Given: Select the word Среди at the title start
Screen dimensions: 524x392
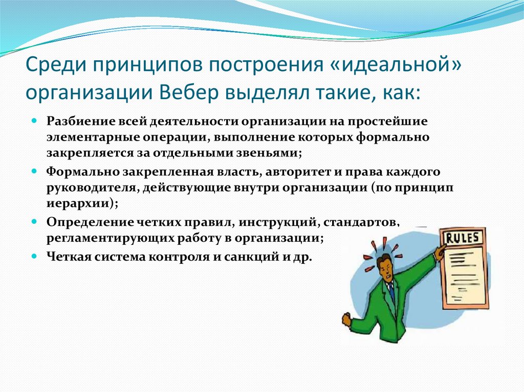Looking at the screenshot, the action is click(56, 65).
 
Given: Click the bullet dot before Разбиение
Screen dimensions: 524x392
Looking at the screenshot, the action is click(34, 120).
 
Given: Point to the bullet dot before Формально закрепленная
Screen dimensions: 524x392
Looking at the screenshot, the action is click(34, 171).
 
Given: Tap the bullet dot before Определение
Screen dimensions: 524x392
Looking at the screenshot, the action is click(34, 221).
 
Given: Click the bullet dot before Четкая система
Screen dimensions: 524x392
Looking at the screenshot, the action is click(34, 256).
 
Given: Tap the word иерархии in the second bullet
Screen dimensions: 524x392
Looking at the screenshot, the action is click(79, 204).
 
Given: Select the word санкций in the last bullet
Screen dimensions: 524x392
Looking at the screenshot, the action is click(250, 257).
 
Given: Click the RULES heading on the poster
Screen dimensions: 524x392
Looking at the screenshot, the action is click(463, 238).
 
